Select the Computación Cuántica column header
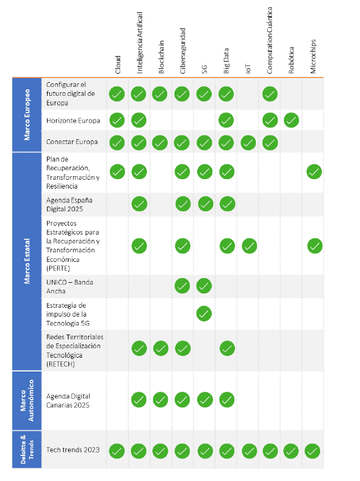pos(270,40)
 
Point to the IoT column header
pos(248,67)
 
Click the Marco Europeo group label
pos(27,115)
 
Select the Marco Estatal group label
pos(27,261)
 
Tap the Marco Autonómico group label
pos(27,400)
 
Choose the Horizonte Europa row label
pos(73,120)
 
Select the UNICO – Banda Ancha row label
pos(70,286)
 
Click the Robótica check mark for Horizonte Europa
pos(291,120)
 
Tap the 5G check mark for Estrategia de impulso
pos(204,313)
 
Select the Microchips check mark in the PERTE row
pos(314,245)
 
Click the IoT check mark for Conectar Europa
pos(248,143)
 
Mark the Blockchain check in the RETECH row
pos(161,348)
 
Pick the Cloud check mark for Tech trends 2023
pos(117,451)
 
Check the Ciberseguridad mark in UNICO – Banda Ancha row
pos(182,286)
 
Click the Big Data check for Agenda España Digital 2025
pos(227,204)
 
